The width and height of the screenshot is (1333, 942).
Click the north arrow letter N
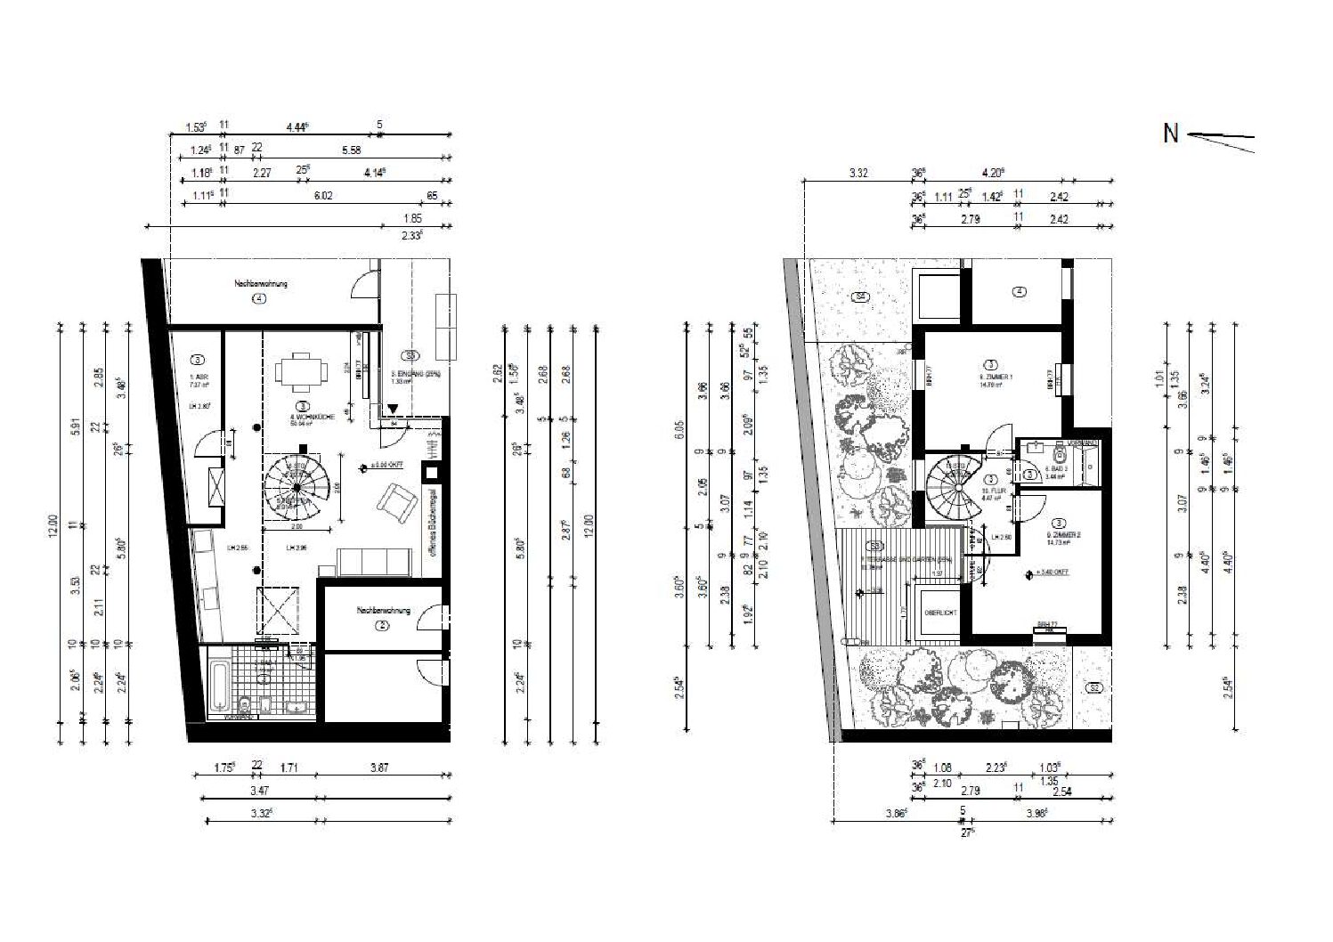click(x=1170, y=134)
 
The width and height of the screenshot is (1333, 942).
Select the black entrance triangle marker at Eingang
click(x=393, y=409)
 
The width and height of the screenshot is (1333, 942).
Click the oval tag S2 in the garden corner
click(x=1094, y=687)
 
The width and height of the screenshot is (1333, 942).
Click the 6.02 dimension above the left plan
click(x=322, y=196)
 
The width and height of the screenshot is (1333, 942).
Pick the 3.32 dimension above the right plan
click(x=858, y=174)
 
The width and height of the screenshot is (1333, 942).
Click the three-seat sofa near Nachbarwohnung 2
click(x=374, y=563)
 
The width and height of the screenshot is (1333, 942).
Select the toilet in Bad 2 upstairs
click(x=1060, y=459)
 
